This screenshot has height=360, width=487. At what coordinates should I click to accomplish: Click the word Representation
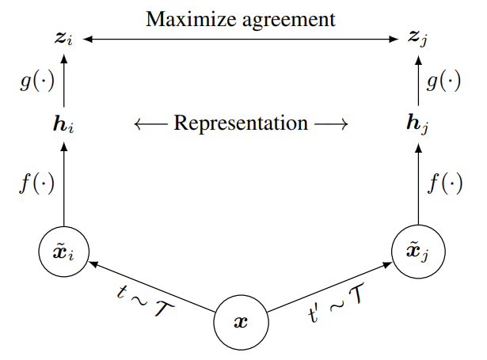(241, 123)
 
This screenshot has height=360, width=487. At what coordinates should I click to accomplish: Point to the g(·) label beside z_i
(35, 81)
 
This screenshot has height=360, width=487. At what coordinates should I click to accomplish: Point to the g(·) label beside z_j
(446, 81)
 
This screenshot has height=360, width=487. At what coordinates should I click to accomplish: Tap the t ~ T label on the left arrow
(144, 304)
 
